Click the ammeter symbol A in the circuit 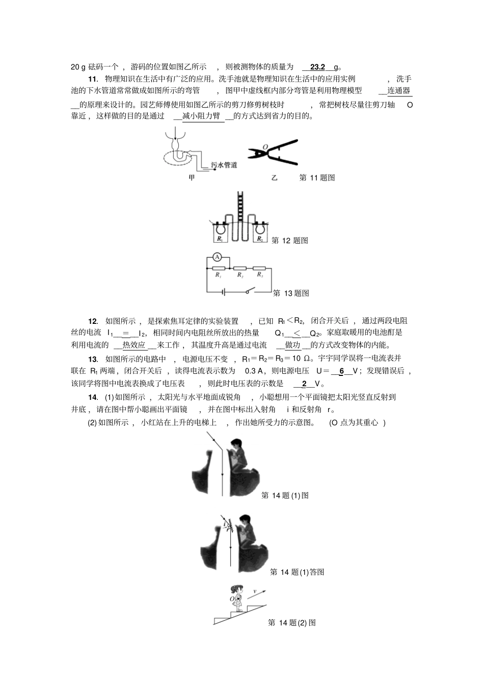[x=217, y=258]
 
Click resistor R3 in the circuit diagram [x=259, y=267]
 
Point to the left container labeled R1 [x=220, y=234]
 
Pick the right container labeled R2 [x=260, y=234]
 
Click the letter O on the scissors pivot [x=265, y=147]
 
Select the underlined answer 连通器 [x=399, y=91]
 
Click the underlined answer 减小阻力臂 [x=201, y=116]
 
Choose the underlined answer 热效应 [x=134, y=345]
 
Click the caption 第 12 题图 [x=290, y=241]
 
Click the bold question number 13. [x=93, y=359]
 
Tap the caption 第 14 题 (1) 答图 [x=297, y=572]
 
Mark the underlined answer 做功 [x=293, y=345]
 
